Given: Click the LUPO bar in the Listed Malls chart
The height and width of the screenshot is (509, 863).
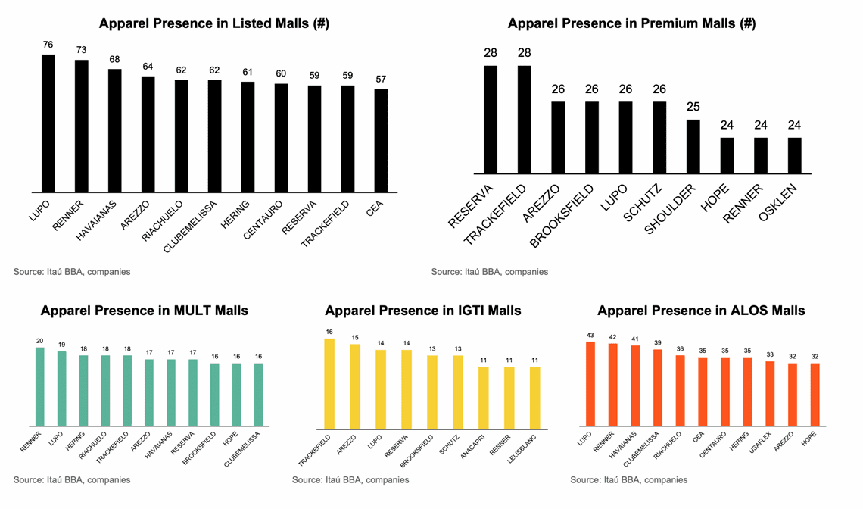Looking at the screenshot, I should pyautogui.click(x=48, y=123).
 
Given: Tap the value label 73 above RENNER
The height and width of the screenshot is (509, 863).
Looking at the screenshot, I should pyautogui.click(x=82, y=50).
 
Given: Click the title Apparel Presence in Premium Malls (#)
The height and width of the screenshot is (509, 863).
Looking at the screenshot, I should pyautogui.click(x=631, y=23).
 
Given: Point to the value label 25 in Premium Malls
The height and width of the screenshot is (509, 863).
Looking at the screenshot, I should pyautogui.click(x=693, y=107).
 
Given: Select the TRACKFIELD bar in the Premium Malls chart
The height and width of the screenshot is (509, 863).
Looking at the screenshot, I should pyautogui.click(x=525, y=120).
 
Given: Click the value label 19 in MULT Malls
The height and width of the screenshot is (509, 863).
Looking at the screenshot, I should pyautogui.click(x=62, y=344).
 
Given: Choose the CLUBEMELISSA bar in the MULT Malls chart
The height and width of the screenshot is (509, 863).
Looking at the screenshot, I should pyautogui.click(x=259, y=395).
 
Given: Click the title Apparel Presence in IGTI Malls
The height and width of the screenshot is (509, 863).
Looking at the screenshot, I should pyautogui.click(x=423, y=311).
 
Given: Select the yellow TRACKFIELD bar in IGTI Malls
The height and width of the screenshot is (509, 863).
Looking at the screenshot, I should pyautogui.click(x=329, y=382).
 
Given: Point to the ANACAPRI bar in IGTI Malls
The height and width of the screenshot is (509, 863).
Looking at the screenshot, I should pyautogui.click(x=484, y=396).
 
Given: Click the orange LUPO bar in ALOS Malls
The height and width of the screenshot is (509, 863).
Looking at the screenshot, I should pyautogui.click(x=590, y=383).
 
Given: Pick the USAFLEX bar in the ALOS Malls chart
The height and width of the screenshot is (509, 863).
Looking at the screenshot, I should pyautogui.click(x=770, y=393).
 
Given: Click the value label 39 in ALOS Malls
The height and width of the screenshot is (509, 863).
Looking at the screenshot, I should pyautogui.click(x=658, y=342).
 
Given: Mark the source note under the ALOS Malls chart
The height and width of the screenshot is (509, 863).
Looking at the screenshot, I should pyautogui.click(x=629, y=479).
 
